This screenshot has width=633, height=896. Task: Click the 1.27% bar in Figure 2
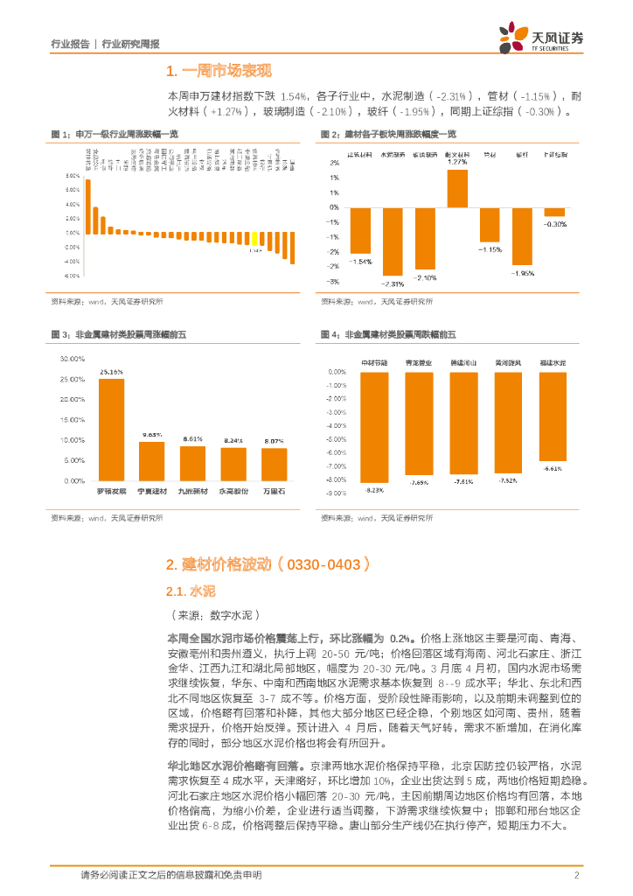tap(457, 187)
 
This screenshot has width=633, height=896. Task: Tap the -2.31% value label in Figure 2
tap(393, 283)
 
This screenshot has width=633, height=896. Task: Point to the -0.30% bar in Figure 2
tap(554, 212)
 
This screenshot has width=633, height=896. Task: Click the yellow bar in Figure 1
tap(254, 239)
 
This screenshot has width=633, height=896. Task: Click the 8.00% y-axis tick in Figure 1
tap(73, 178)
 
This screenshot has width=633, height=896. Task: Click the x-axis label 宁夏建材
tap(152, 491)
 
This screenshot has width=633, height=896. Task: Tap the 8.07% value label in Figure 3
tap(274, 441)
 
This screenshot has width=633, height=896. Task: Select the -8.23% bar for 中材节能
tap(375, 426)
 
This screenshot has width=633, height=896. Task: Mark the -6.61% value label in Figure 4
tap(552, 469)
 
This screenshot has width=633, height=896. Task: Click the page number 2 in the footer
tap(577, 876)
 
